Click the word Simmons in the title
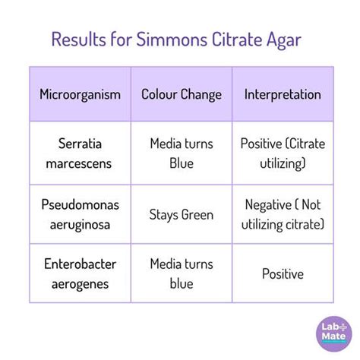pyautogui.click(x=172, y=39)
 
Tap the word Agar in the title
pyautogui.click(x=284, y=40)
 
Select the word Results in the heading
pyautogui.click(x=79, y=39)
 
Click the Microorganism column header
pyautogui.click(x=80, y=95)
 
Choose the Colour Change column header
pyautogui.click(x=182, y=95)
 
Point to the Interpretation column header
pyautogui.click(x=283, y=94)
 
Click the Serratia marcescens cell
pyautogui.click(x=80, y=153)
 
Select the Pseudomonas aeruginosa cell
pyautogui.click(x=80, y=215)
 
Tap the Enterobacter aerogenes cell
pyautogui.click(x=80, y=274)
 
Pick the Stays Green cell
pyautogui.click(x=182, y=215)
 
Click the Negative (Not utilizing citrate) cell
pyautogui.click(x=283, y=215)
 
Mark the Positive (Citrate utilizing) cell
pyautogui.click(x=283, y=153)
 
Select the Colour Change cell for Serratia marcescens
pyautogui.click(x=182, y=153)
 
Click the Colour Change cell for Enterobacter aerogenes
pyautogui.click(x=182, y=274)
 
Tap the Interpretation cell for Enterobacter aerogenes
pyautogui.click(x=283, y=274)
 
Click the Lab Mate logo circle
pyautogui.click(x=334, y=333)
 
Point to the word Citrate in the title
pyautogui.click(x=237, y=39)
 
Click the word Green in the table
pyautogui.click(x=197, y=215)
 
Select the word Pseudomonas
pyautogui.click(x=80, y=204)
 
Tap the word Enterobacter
pyautogui.click(x=80, y=264)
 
